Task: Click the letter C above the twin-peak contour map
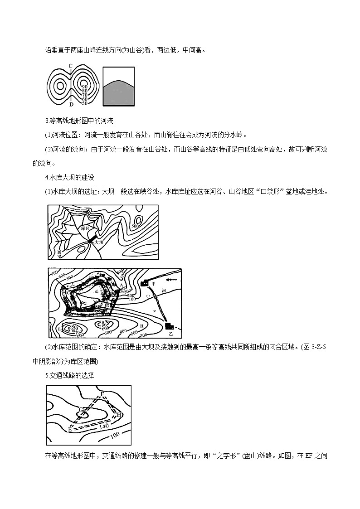pyautogui.click(x=71, y=66)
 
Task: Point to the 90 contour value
pyautogui.click(x=85, y=86)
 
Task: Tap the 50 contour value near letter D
pyautogui.click(x=84, y=103)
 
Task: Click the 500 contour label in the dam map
pyautogui.click(x=135, y=225)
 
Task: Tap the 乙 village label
pyautogui.click(x=170, y=334)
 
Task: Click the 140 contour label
pyautogui.click(x=104, y=426)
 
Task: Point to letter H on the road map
pyautogui.click(x=119, y=414)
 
